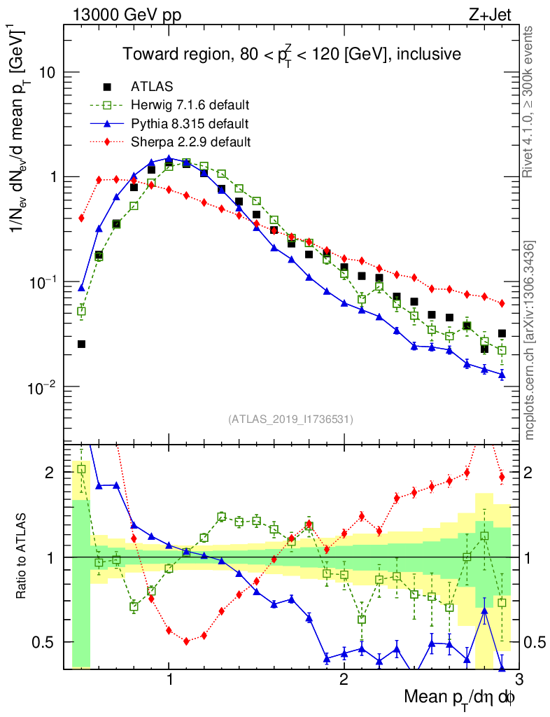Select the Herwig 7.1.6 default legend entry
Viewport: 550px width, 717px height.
190,106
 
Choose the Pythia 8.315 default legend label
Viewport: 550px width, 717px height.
190,124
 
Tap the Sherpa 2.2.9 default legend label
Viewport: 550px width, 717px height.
191,142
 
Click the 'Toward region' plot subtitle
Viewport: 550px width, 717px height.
292,54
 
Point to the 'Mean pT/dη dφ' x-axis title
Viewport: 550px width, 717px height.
460,697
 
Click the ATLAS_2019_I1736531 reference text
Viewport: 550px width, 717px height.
290,419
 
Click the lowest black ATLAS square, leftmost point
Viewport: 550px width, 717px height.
81,344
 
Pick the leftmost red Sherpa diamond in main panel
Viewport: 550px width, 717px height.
81,218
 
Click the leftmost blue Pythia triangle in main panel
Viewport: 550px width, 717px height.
81,288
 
